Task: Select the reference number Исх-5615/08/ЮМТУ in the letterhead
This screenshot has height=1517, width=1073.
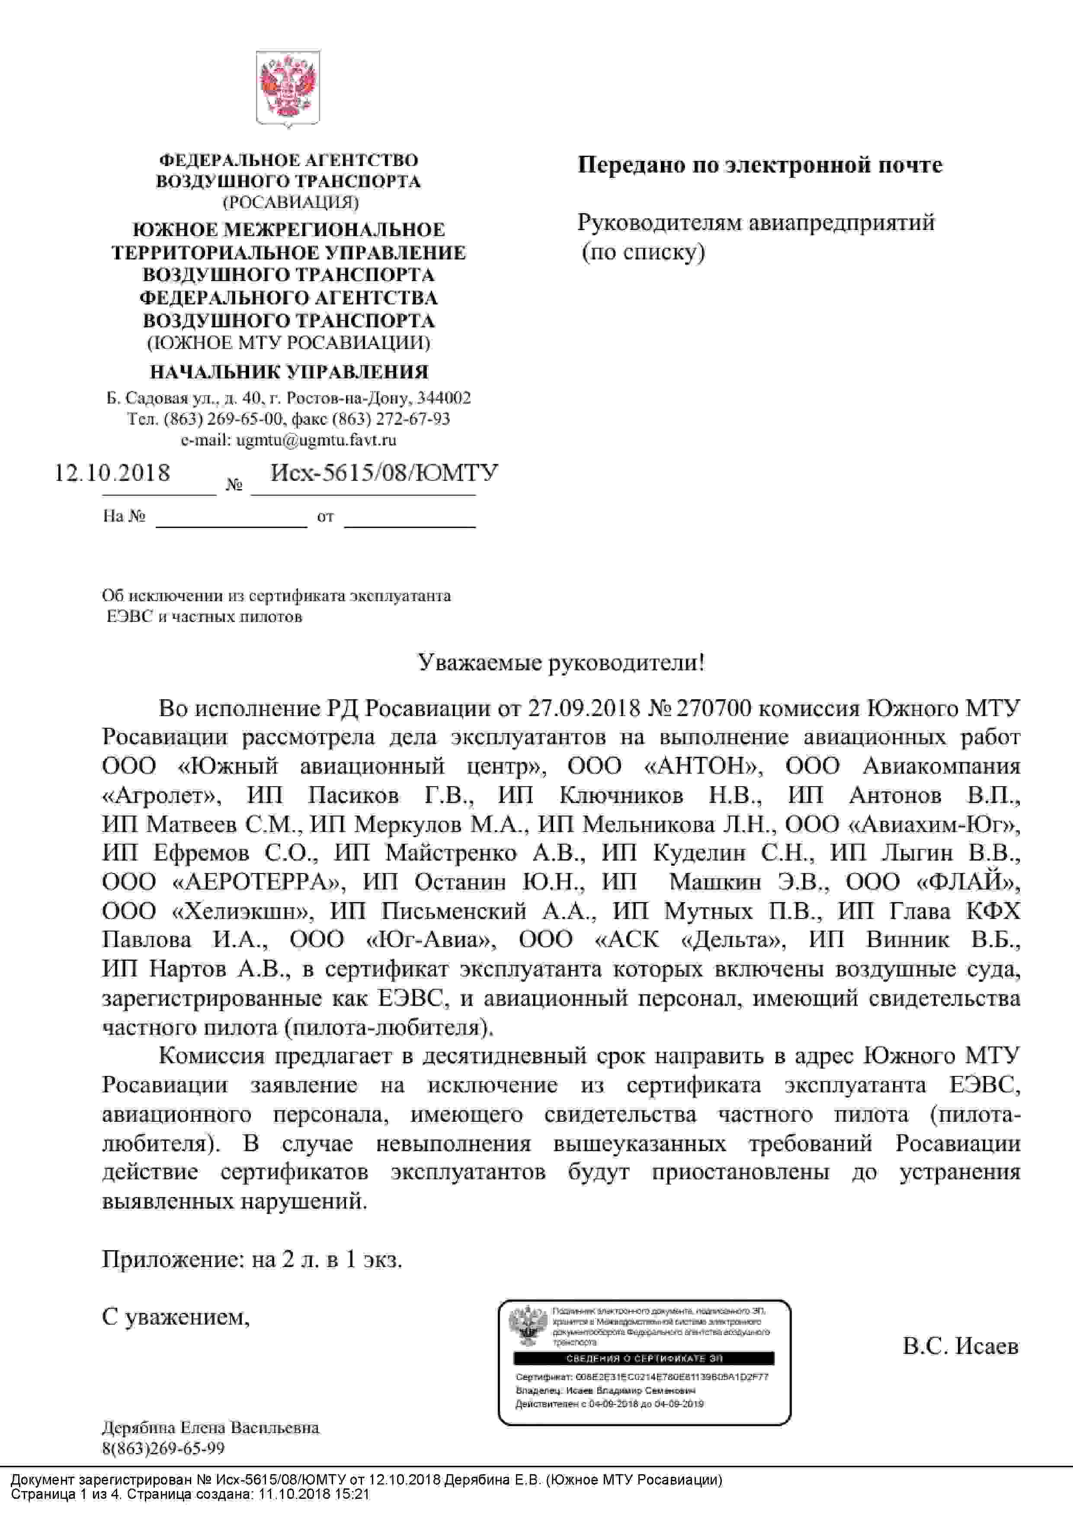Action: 384,473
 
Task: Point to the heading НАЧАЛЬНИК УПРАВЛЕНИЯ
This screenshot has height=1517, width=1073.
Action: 289,372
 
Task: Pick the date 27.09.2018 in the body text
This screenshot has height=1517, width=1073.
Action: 584,708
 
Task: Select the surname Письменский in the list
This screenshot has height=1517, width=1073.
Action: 454,911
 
